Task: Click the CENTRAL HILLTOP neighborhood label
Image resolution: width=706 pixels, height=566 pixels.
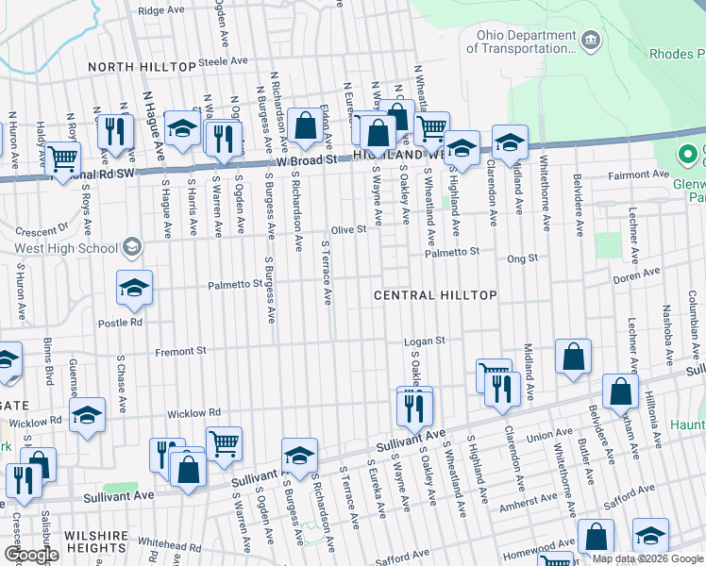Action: (x=435, y=295)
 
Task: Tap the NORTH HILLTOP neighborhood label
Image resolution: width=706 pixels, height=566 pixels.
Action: (x=141, y=68)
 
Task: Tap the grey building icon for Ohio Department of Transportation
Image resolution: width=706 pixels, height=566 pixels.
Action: (x=591, y=40)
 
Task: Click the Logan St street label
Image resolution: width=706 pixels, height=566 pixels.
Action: (x=424, y=341)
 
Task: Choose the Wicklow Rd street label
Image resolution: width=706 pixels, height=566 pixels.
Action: (x=193, y=413)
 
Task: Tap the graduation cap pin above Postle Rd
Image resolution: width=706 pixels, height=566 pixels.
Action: (x=134, y=287)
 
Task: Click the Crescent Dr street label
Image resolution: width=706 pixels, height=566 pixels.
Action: (x=48, y=227)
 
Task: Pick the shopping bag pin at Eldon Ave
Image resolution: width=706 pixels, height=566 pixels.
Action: (x=306, y=126)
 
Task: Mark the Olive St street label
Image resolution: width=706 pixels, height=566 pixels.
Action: (x=348, y=229)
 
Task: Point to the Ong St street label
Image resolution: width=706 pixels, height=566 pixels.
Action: (x=522, y=258)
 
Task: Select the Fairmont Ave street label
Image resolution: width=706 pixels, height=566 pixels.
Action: (x=638, y=175)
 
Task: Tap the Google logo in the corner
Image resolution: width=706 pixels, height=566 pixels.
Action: (x=30, y=554)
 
